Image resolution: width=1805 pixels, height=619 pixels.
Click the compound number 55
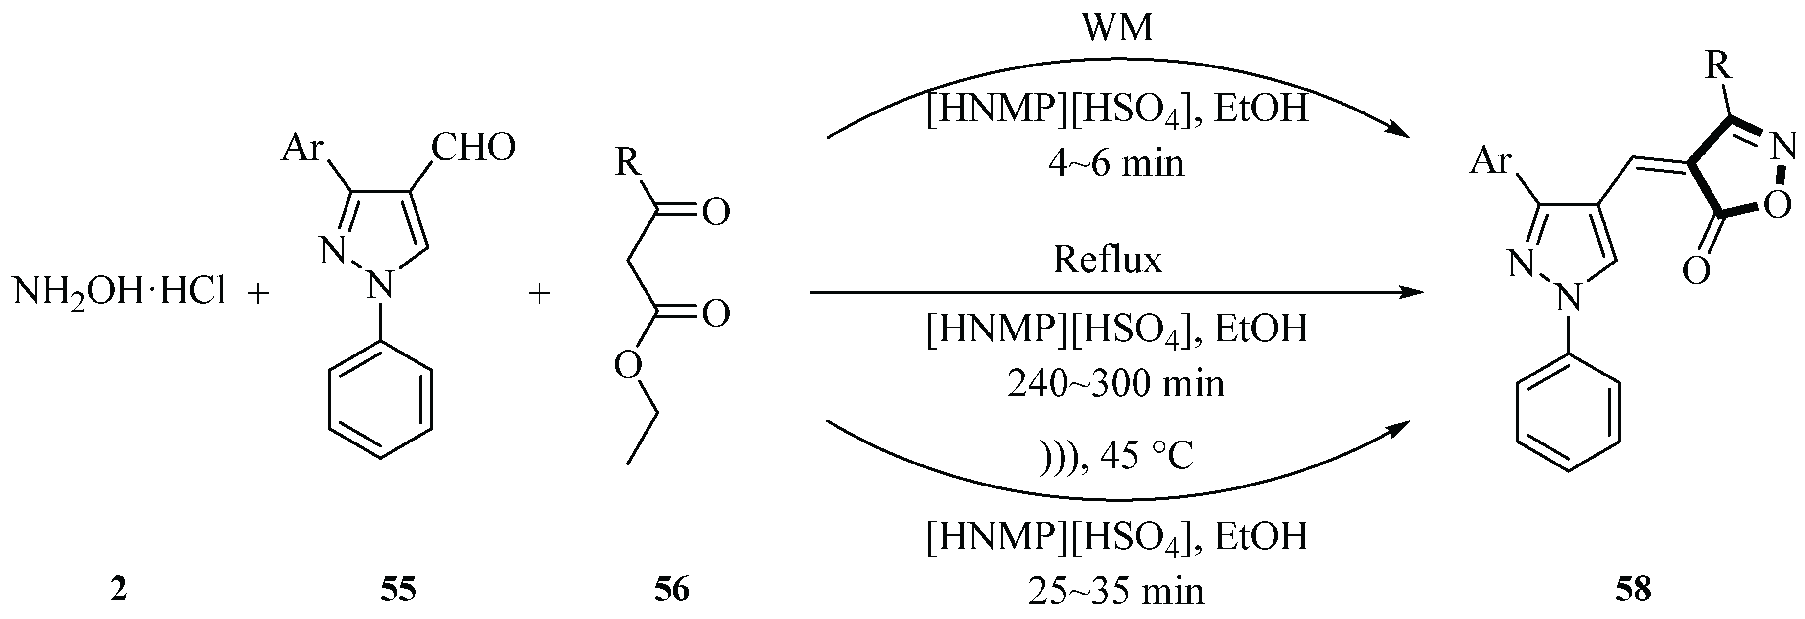point(398,589)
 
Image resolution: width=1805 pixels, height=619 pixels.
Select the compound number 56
point(671,589)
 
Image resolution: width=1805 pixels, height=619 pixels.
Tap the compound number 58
point(1633,589)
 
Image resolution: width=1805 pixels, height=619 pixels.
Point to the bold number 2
point(118,589)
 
